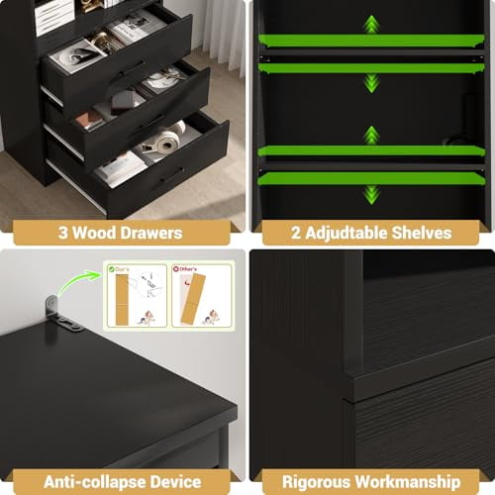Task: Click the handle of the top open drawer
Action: coord(130,69)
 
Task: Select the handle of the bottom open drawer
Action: coord(170,175)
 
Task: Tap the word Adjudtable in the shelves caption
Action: coord(346,234)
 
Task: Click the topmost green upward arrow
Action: coord(370,24)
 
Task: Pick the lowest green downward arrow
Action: coord(370,194)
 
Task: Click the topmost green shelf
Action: coord(370,41)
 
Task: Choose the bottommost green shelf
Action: coord(370,179)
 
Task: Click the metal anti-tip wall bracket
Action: coord(61,312)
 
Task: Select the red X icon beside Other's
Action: coord(177,267)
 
